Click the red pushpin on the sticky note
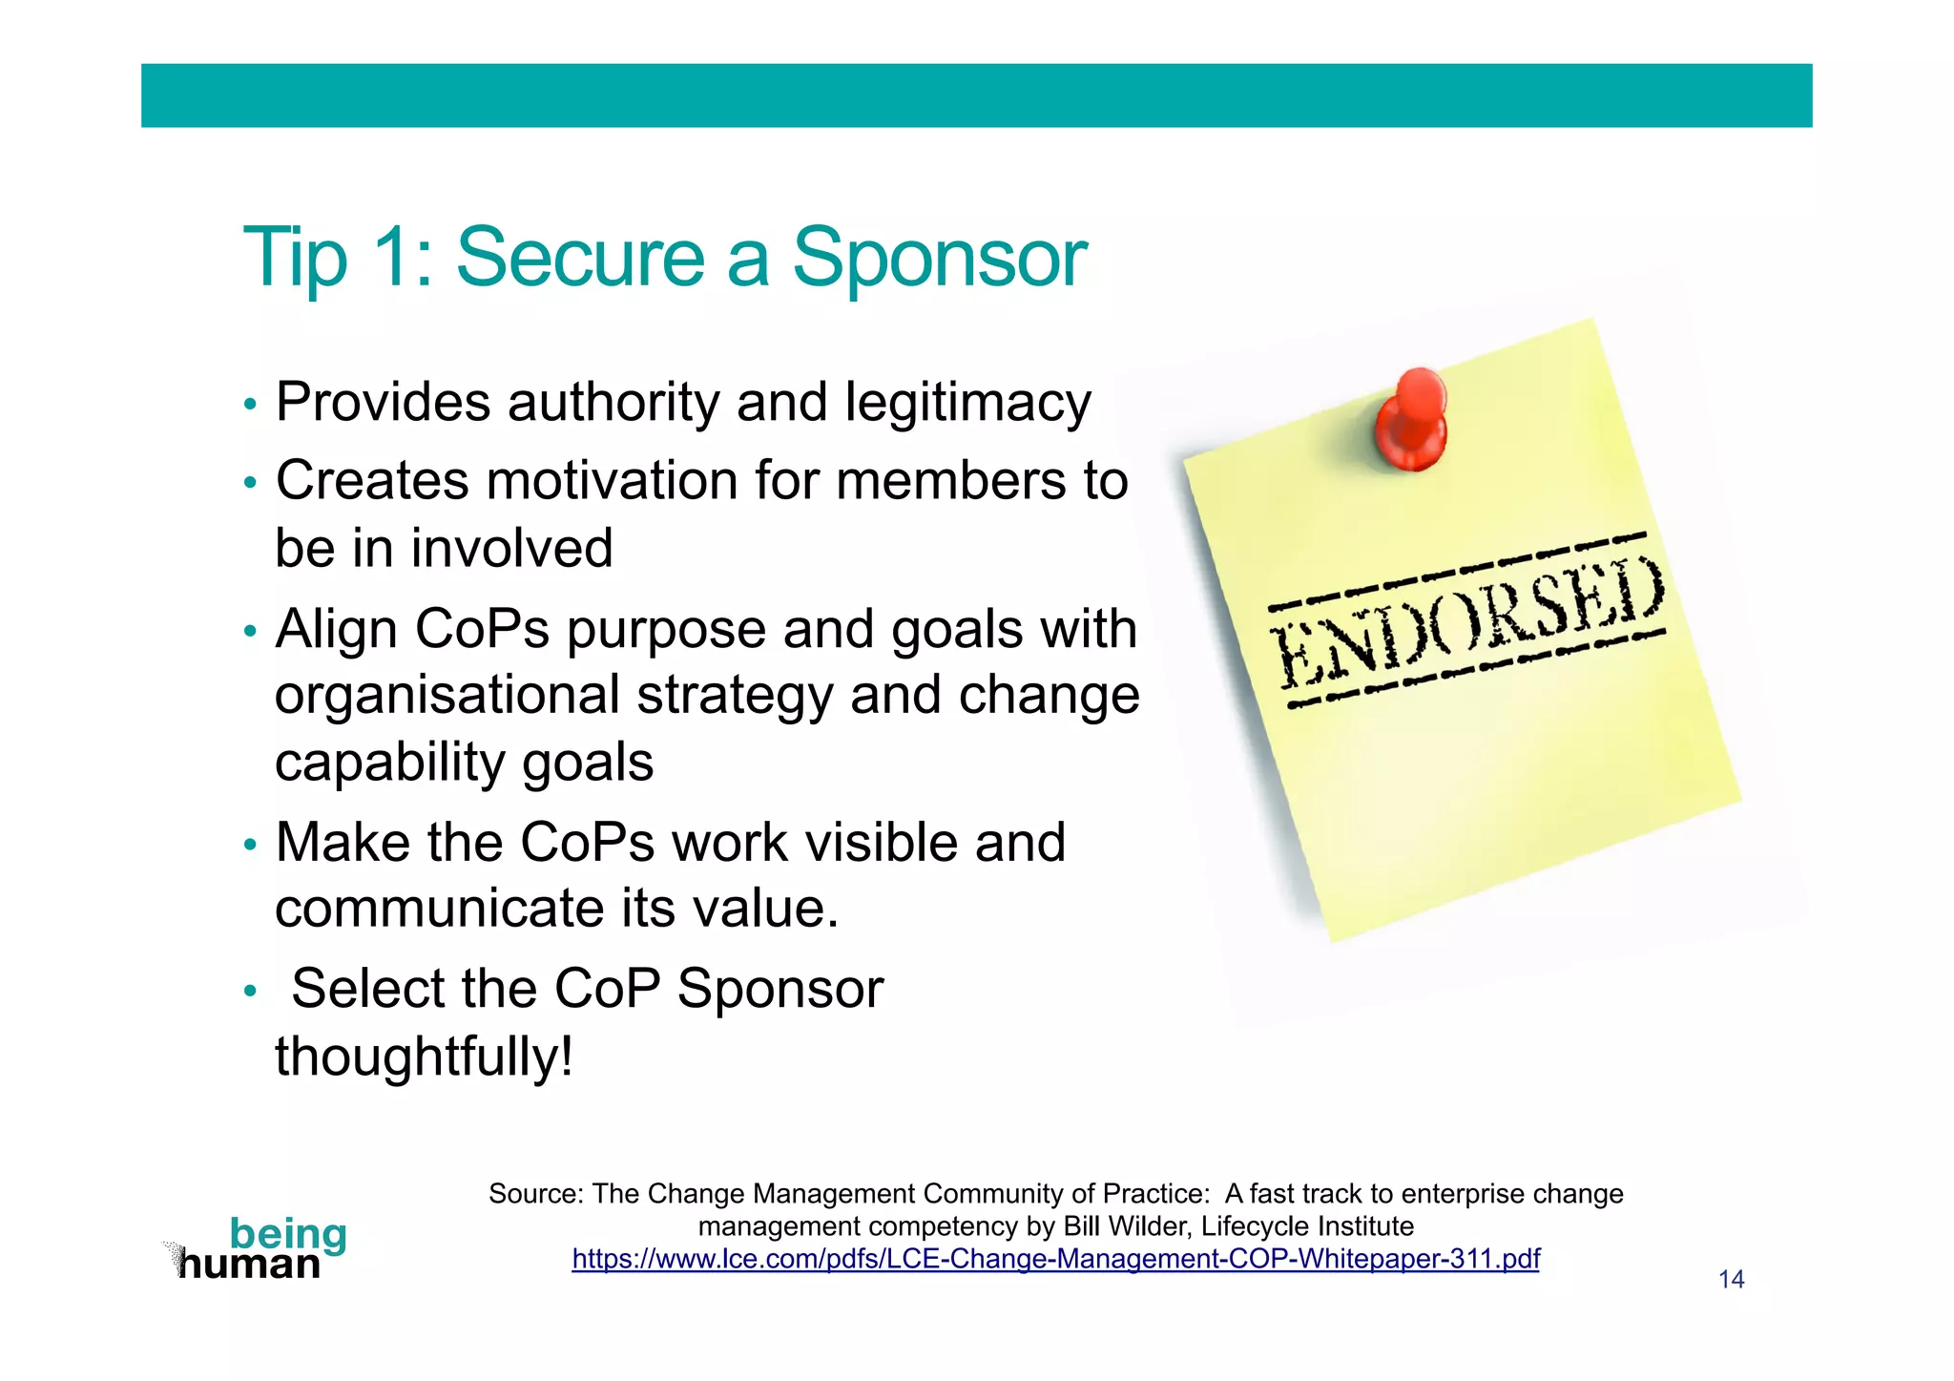(1412, 420)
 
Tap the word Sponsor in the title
(939, 258)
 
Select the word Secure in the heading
(580, 258)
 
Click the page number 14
(1731, 1280)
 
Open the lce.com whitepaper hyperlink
(1055, 1259)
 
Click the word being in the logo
(288, 1234)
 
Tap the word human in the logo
(250, 1266)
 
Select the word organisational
(447, 695)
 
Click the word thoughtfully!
(425, 1057)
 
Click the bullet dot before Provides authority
(250, 405)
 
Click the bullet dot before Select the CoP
(250, 991)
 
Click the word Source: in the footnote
(535, 1194)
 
